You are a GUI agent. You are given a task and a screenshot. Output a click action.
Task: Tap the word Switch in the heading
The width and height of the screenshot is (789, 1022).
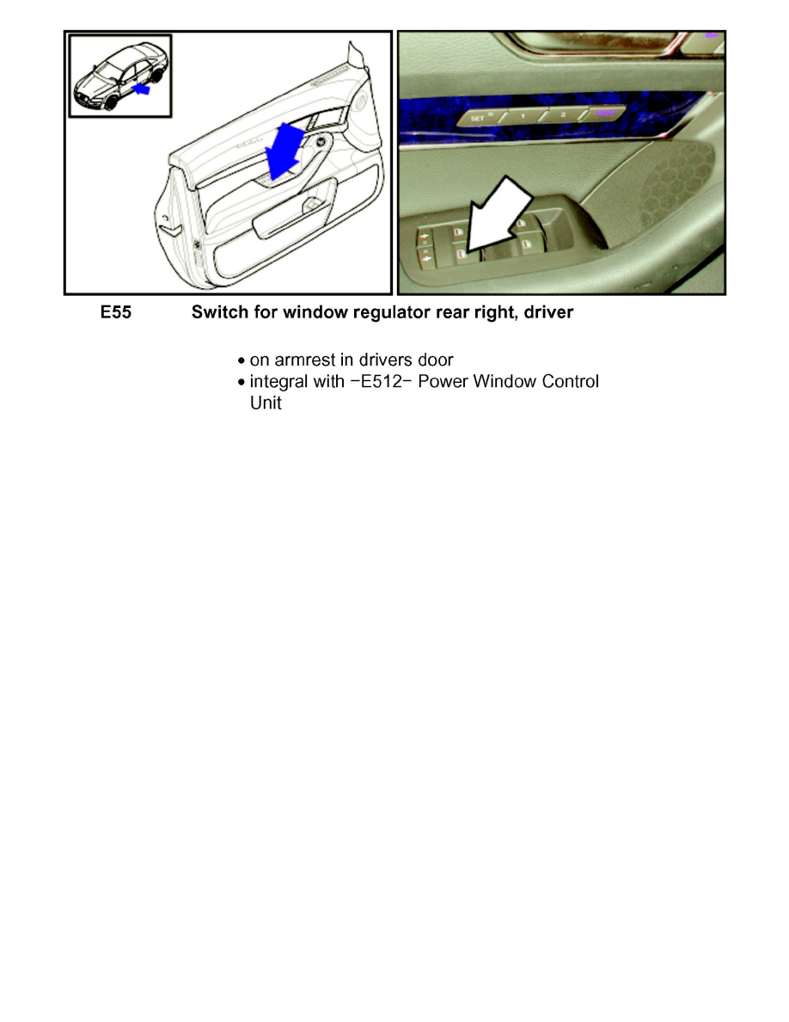pos(216,313)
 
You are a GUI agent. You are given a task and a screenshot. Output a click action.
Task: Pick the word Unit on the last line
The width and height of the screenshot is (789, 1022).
pos(265,403)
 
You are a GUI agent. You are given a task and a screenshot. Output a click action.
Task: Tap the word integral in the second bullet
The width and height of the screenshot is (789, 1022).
pos(274,381)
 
